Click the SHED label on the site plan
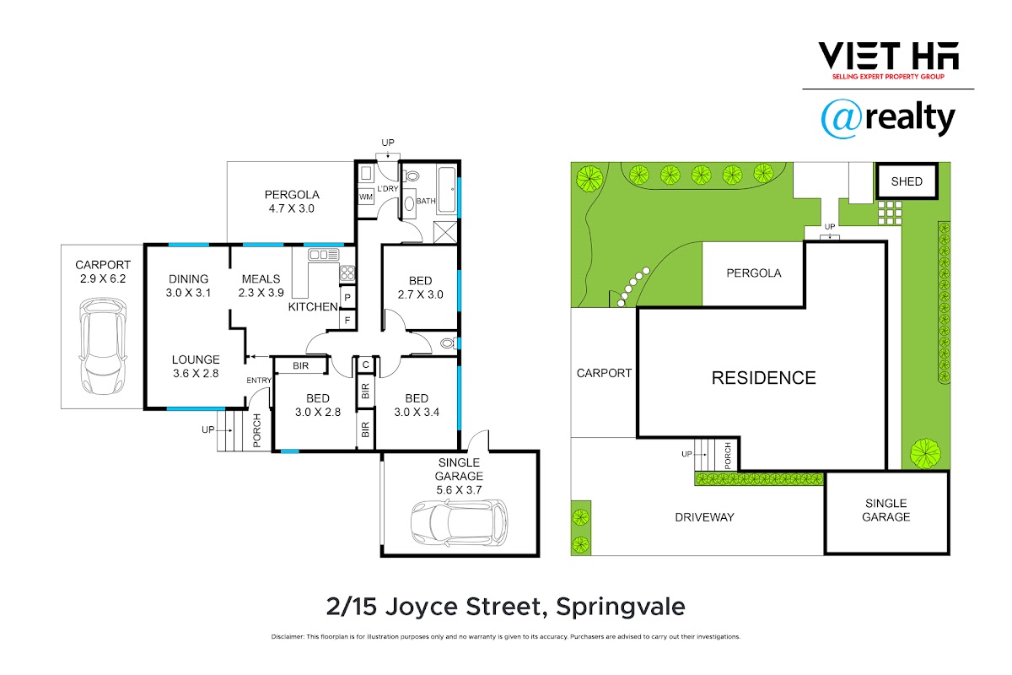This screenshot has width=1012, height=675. pyautogui.click(x=907, y=181)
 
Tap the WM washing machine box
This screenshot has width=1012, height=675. pyautogui.click(x=366, y=197)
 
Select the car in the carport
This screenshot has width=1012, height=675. pyautogui.click(x=103, y=346)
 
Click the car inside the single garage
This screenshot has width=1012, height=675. pyautogui.click(x=459, y=523)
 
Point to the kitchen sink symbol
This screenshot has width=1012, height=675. pyautogui.click(x=324, y=255)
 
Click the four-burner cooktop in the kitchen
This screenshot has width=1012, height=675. pyautogui.click(x=347, y=273)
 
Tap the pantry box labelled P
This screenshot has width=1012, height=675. pyautogui.click(x=347, y=298)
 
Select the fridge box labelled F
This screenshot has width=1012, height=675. pyautogui.click(x=347, y=320)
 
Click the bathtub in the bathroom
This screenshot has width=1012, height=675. pyautogui.click(x=447, y=189)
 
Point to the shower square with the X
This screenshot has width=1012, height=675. pyautogui.click(x=445, y=232)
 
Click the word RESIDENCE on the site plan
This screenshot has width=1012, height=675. pyautogui.click(x=763, y=378)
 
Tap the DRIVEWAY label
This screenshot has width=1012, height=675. pyautogui.click(x=704, y=517)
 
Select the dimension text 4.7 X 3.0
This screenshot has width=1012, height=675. pyautogui.click(x=292, y=208)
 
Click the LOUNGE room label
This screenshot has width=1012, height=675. pyautogui.click(x=196, y=359)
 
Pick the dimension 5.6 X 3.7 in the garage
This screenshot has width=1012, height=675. pyautogui.click(x=459, y=489)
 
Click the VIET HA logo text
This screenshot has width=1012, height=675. pyautogui.click(x=888, y=56)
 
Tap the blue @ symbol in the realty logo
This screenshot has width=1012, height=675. pyautogui.click(x=842, y=118)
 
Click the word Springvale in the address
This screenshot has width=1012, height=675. pyautogui.click(x=621, y=607)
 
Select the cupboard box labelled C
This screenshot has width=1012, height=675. pyautogui.click(x=366, y=364)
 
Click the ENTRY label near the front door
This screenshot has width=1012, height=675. pyautogui.click(x=259, y=381)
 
